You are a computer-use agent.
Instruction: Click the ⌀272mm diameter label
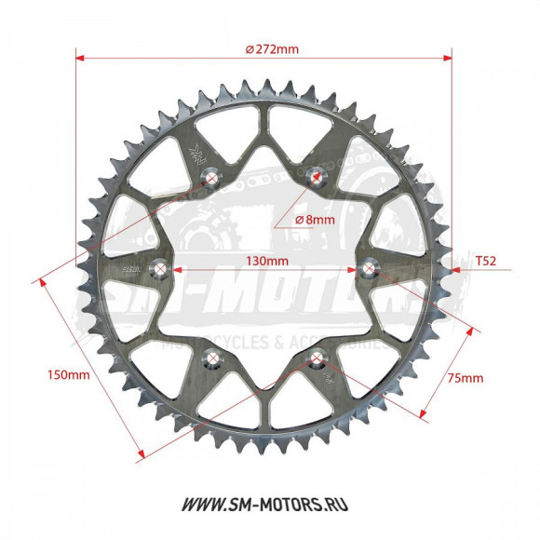(x=272, y=49)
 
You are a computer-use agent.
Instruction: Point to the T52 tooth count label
(x=485, y=262)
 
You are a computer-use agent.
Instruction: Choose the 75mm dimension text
(x=466, y=378)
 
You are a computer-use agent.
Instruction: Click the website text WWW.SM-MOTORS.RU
(x=270, y=504)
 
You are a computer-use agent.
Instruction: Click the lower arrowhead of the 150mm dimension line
(x=142, y=456)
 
